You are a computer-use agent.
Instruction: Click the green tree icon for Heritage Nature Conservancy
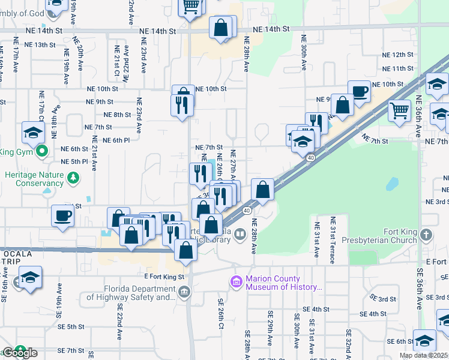73,177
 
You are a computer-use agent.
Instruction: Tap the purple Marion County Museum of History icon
237,281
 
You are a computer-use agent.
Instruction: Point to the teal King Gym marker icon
42,152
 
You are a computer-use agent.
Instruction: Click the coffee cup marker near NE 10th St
359,92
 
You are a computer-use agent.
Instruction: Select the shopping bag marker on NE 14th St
221,28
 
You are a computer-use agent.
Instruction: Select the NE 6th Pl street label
116,140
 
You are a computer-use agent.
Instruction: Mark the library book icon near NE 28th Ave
241,233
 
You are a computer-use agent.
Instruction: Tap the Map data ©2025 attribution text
423,355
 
